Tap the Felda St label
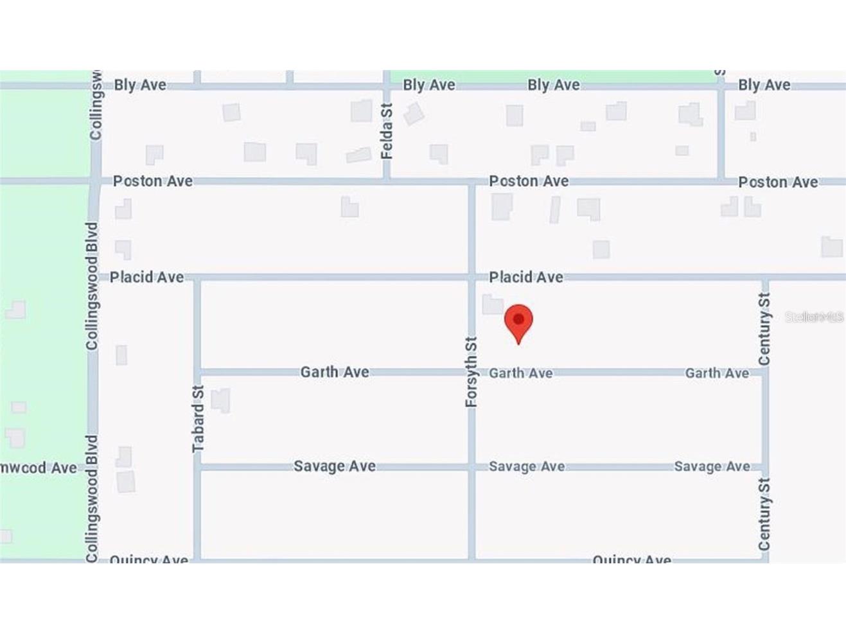pos(386,131)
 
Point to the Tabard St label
pos(198,418)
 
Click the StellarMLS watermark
pos(814,317)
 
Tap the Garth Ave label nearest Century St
pos(716,373)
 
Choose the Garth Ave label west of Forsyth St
pos(334,372)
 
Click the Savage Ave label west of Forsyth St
pos(334,466)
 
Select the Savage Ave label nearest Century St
pos(712,466)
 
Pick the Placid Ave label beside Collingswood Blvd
pos(146,277)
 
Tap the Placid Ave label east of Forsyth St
pos(525,277)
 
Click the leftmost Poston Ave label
pos(152,181)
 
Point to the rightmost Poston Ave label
pos(777,182)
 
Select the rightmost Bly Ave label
pos(764,85)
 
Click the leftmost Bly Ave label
pos(140,85)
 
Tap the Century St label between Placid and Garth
pos(764,329)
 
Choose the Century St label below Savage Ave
pos(764,514)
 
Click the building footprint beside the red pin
pos(493,304)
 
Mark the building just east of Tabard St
pos(220,400)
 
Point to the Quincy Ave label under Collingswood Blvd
pos(148,559)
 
